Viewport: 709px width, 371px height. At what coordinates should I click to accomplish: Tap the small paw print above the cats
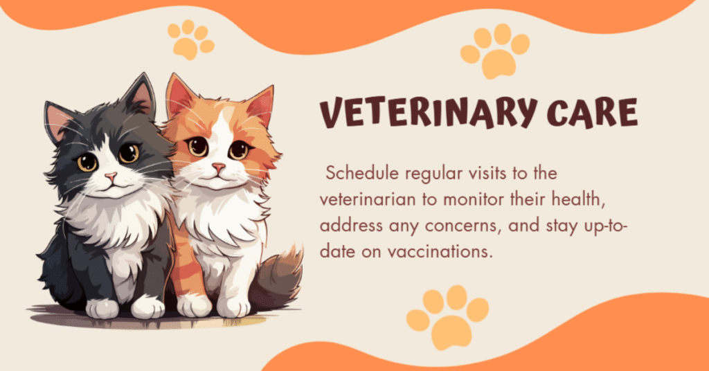click(x=190, y=39)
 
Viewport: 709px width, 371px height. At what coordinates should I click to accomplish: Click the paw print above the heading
click(x=494, y=52)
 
